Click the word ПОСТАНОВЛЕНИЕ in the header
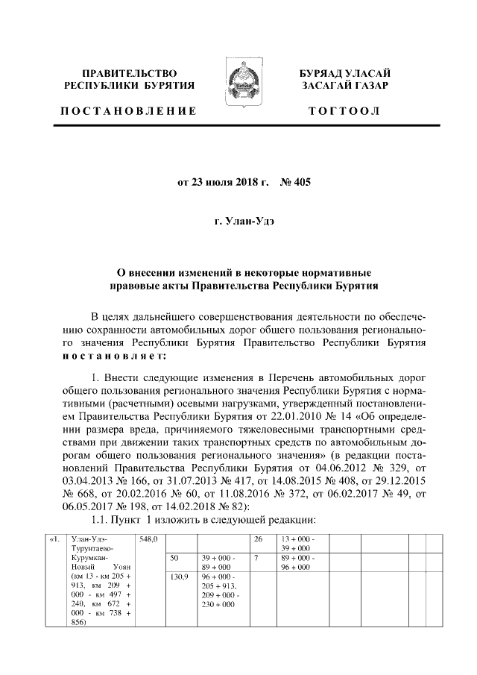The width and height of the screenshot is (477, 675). pyautogui.click(x=128, y=111)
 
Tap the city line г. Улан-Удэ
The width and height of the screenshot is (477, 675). pyautogui.click(x=238, y=222)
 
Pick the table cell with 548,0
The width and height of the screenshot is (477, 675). pyautogui.click(x=148, y=539)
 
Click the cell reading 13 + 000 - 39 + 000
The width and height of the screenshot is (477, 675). pyautogui.click(x=297, y=543)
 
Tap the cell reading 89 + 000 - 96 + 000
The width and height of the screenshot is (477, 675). pyautogui.click(x=297, y=562)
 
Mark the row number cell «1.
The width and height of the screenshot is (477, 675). pyautogui.click(x=54, y=539)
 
